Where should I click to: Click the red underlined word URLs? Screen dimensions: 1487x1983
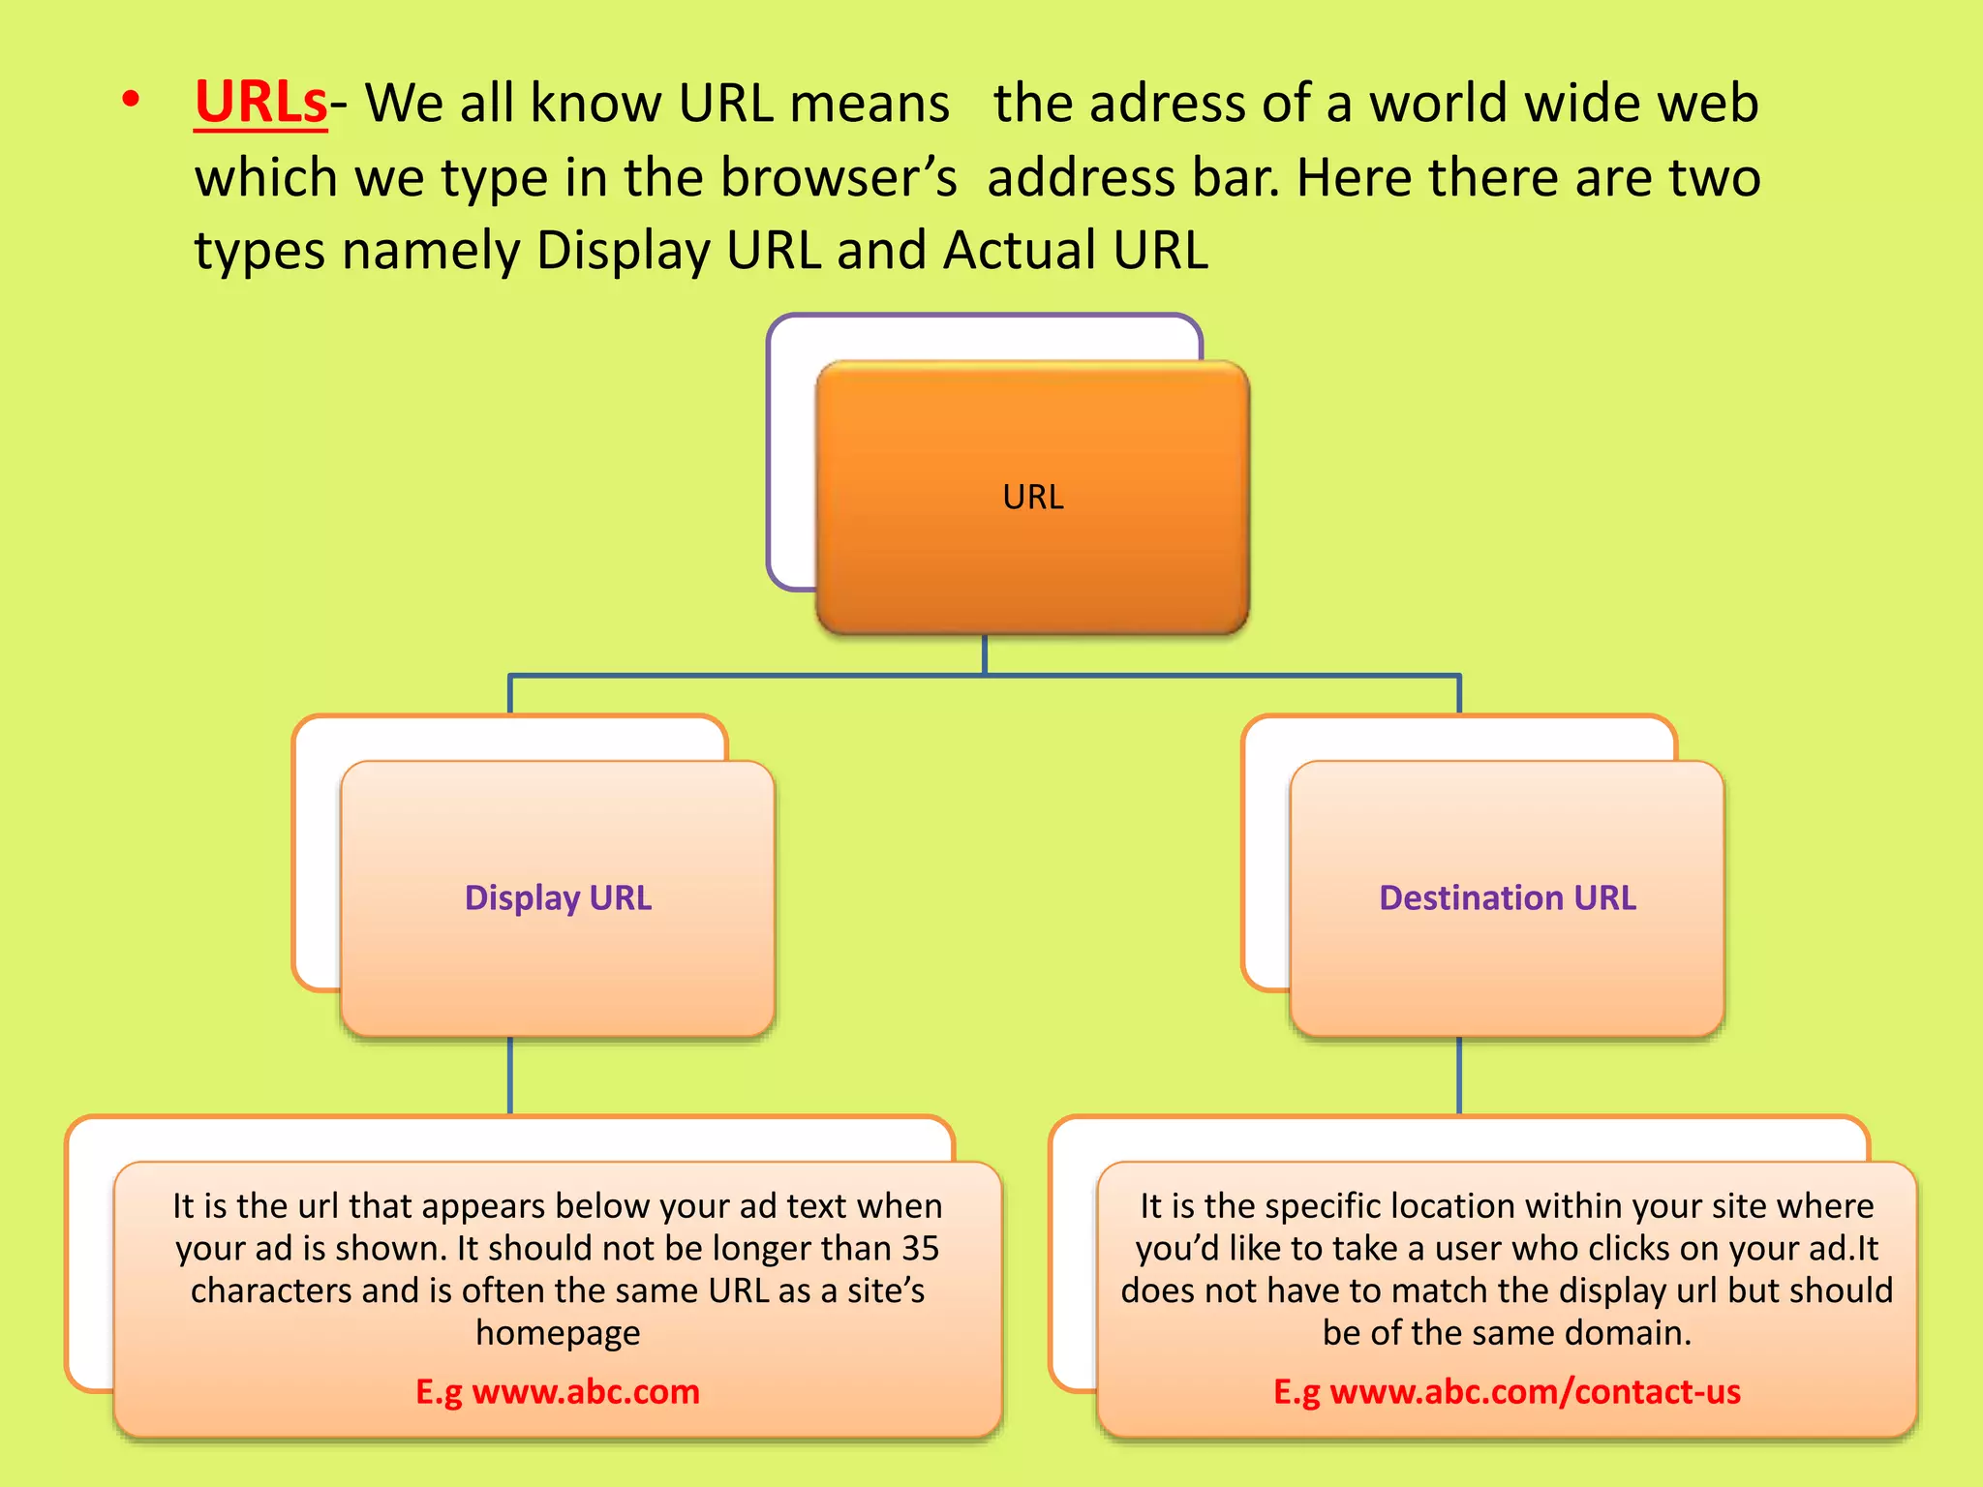tap(260, 103)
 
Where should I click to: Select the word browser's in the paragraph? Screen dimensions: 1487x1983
tap(839, 178)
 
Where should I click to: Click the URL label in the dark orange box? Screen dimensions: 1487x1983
tap(1032, 498)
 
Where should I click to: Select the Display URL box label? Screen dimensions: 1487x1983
tap(558, 898)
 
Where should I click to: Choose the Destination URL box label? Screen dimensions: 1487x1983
tap(1507, 898)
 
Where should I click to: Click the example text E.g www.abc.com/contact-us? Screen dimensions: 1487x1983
tap(1507, 1392)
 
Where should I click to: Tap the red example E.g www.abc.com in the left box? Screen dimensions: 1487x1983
tap(558, 1392)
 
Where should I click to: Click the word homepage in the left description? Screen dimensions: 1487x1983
tap(558, 1334)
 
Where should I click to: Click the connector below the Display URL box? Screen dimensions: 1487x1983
tap(510, 1076)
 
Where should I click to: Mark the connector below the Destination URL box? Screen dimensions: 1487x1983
tap(1459, 1076)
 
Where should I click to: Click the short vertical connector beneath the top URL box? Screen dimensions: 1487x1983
tap(985, 654)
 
